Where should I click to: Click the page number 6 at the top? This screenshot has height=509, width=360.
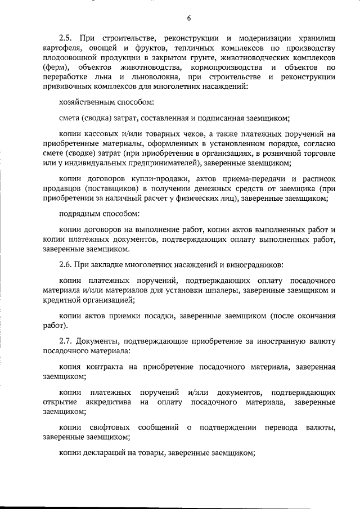click(189, 18)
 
